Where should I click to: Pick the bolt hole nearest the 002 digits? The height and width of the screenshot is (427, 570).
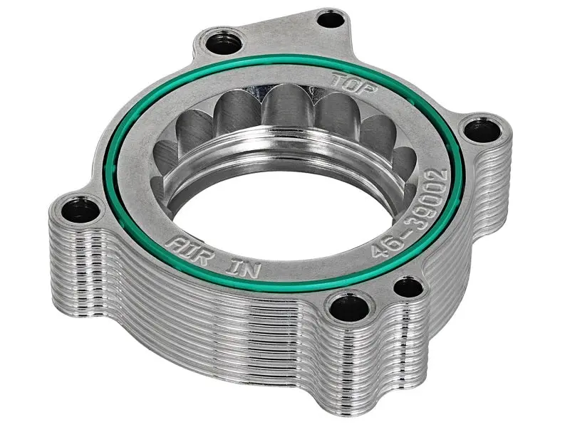pos(474,130)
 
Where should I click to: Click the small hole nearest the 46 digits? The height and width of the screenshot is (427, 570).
pos(408,287)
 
